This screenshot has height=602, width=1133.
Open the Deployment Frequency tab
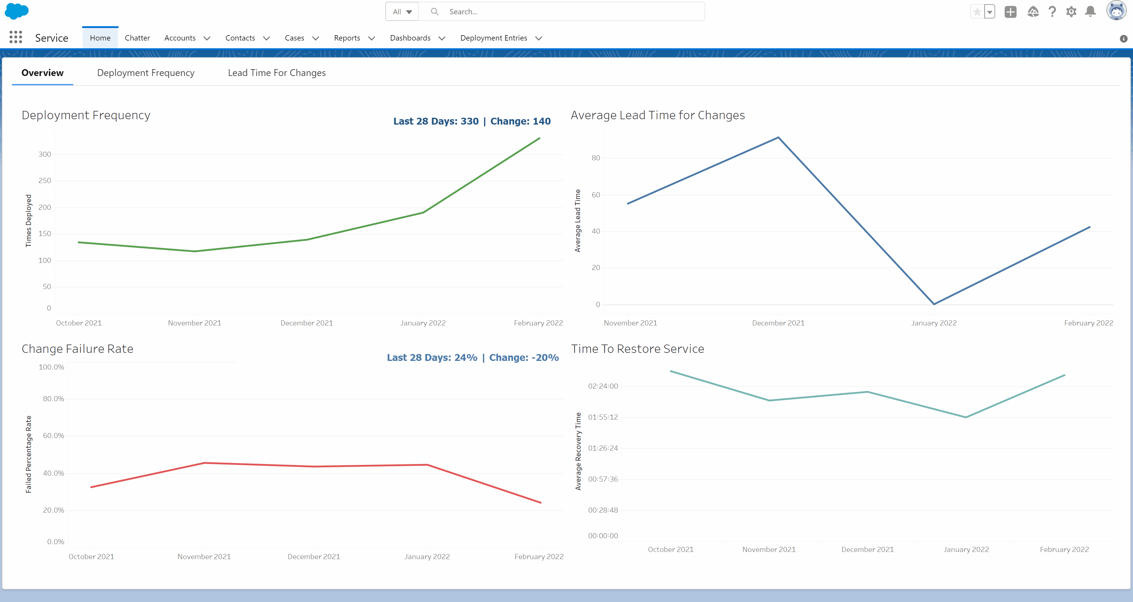pyautogui.click(x=146, y=73)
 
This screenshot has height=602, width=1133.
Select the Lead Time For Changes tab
pyautogui.click(x=277, y=73)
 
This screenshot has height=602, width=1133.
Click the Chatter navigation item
pyautogui.click(x=137, y=38)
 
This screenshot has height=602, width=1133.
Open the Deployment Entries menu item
pyautogui.click(x=493, y=38)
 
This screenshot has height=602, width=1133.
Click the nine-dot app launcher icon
pyautogui.click(x=16, y=38)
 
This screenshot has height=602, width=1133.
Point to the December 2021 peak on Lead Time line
pyautogui.click(x=778, y=138)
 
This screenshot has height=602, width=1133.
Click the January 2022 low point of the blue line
pyautogui.click(x=934, y=304)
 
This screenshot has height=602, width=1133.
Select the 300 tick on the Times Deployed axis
pyautogui.click(x=45, y=154)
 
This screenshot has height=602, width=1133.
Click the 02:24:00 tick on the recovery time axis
pyautogui.click(x=603, y=386)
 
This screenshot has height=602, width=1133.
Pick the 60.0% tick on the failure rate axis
pyautogui.click(x=54, y=436)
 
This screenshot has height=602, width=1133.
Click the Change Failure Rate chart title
pyautogui.click(x=77, y=349)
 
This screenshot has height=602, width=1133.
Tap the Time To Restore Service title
pyautogui.click(x=637, y=349)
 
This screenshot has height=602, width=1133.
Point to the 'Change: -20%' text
pyautogui.click(x=524, y=358)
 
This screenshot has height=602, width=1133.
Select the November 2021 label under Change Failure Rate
pyautogui.click(x=204, y=557)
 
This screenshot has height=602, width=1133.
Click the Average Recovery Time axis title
pyautogui.click(x=578, y=451)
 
